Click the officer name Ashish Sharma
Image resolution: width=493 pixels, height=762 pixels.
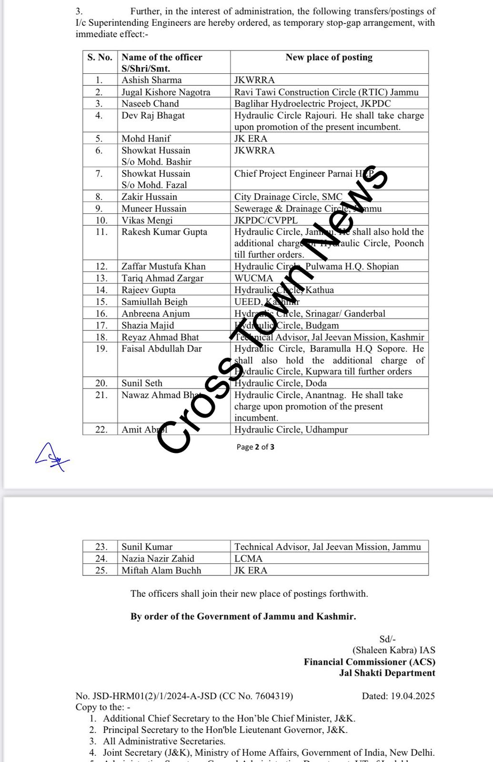pos(151,80)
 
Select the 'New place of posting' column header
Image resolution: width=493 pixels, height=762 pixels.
pos(329,57)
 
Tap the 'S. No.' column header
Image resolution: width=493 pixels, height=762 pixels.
pos(100,57)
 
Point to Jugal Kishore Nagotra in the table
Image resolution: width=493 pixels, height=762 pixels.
pos(166,92)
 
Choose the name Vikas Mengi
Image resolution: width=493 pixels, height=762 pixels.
pos(147,220)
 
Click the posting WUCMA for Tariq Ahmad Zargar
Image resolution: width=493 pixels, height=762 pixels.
pos(254,278)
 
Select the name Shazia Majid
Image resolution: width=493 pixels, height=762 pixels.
pos(148,325)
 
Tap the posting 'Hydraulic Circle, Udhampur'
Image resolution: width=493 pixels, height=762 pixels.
pos(291,430)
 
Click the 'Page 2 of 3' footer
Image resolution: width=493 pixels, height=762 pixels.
pos(255,447)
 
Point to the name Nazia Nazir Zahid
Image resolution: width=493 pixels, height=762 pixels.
pos(158,559)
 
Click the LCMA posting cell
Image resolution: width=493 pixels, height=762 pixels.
pos(249,559)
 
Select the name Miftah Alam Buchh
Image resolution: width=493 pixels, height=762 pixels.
pos(161,570)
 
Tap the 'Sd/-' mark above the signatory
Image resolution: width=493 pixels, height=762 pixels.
pos(387,639)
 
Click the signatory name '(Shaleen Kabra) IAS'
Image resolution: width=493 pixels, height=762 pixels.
pos(393,650)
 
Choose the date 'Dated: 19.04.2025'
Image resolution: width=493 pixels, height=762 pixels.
pos(398,696)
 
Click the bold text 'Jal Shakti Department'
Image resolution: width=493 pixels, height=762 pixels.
pos(387,673)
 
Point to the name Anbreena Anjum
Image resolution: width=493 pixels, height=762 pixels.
pos(155,313)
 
